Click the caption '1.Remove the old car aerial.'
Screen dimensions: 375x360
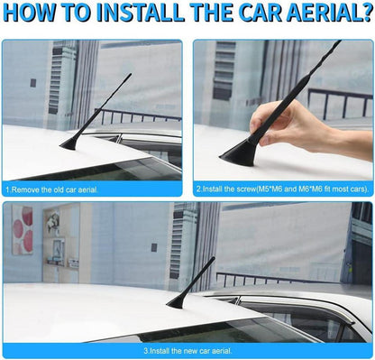pos(52,190)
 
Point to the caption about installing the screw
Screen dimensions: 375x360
pos(283,189)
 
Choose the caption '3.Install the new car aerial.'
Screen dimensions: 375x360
pos(187,351)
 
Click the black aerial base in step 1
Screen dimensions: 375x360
pos(70,144)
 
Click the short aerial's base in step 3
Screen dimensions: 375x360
pos(177,302)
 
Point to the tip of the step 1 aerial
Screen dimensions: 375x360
pos(131,74)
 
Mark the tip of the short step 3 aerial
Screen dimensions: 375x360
pos(214,258)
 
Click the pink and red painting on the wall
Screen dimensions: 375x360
pos(23,230)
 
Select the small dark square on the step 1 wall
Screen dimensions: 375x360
pos(33,83)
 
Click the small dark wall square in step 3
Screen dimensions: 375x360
pos(154,247)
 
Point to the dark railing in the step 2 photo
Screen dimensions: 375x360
pos(340,102)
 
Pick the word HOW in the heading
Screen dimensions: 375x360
pos(30,13)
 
